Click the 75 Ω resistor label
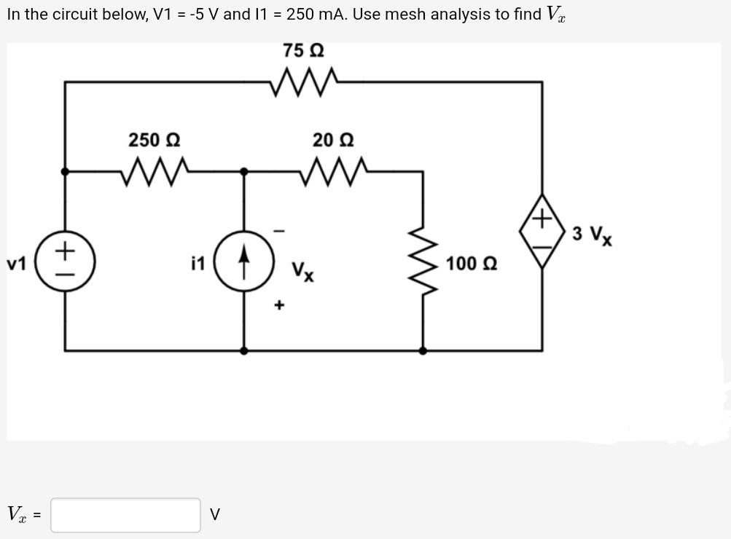click(304, 51)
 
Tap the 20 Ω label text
click(333, 139)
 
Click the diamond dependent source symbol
click(542, 230)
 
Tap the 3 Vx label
click(592, 235)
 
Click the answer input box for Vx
click(125, 515)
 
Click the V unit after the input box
click(214, 515)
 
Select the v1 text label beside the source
click(17, 263)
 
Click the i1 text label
click(198, 263)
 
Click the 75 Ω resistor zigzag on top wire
click(304, 82)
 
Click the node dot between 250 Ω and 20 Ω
click(244, 172)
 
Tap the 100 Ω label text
click(471, 263)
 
